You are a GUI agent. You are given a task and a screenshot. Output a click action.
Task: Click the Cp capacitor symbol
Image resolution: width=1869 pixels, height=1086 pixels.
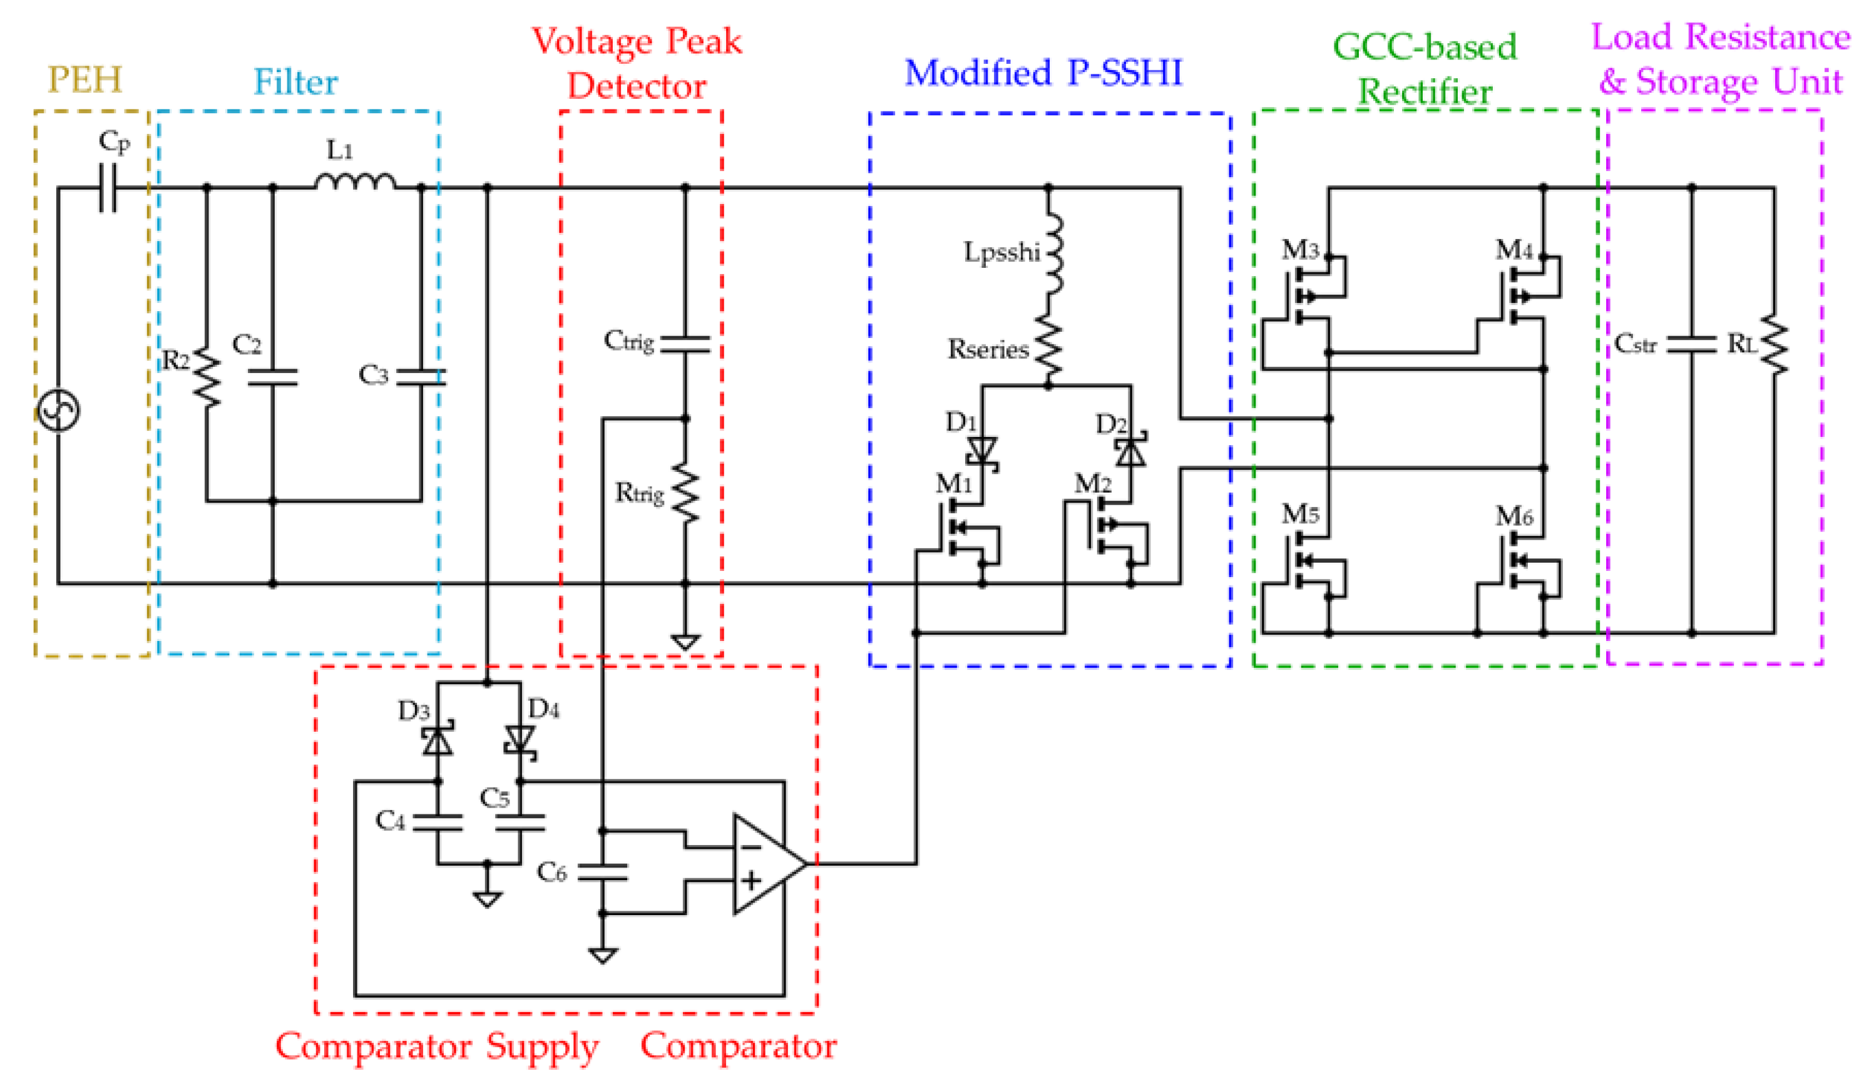[108, 188]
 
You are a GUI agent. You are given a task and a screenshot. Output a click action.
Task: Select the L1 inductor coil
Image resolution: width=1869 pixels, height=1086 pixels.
[354, 183]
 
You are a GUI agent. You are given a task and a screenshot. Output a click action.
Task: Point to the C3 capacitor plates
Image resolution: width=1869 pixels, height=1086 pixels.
[421, 377]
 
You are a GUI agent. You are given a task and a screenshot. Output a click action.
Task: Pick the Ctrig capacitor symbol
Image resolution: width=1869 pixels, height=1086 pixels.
[685, 344]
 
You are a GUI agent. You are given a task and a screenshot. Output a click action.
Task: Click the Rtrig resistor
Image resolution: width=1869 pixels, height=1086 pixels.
[685, 493]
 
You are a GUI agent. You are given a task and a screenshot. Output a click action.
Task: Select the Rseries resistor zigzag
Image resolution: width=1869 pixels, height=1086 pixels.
[1048, 349]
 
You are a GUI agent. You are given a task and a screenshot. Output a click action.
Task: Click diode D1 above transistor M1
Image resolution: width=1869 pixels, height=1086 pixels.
[983, 450]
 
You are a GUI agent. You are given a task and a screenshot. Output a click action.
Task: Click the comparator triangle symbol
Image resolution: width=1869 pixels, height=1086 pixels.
[766, 864]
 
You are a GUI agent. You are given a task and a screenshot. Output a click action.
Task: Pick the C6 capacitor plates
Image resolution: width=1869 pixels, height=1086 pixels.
[602, 873]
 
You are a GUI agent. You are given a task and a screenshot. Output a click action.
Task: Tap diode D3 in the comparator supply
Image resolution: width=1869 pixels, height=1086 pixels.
[438, 741]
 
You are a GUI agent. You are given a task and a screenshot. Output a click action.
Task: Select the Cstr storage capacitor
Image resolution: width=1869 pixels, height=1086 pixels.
[1692, 344]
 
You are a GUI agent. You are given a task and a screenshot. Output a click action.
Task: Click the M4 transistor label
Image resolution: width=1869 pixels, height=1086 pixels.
[1513, 250]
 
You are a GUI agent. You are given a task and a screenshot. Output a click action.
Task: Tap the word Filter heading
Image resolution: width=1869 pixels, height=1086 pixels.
[295, 81]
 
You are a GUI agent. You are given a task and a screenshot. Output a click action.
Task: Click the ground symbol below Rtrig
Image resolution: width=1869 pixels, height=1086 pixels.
[685, 642]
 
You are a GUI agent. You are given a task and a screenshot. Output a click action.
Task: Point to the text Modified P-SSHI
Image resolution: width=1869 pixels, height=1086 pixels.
[1043, 73]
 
